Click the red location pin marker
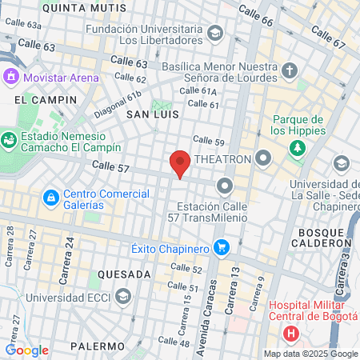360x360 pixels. pos(180,163)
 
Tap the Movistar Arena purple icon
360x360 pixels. pos(11,78)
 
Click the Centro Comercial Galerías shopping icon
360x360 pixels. pos(50,196)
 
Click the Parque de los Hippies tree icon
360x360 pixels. pos(298,149)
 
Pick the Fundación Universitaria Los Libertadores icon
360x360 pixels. pos(214,33)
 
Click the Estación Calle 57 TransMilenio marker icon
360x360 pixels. pos(225,187)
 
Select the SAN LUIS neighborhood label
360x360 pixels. pos(150,114)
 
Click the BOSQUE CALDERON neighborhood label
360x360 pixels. pos(325,237)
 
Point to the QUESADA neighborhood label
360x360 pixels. pos(124,274)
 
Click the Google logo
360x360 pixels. pos(26,350)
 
